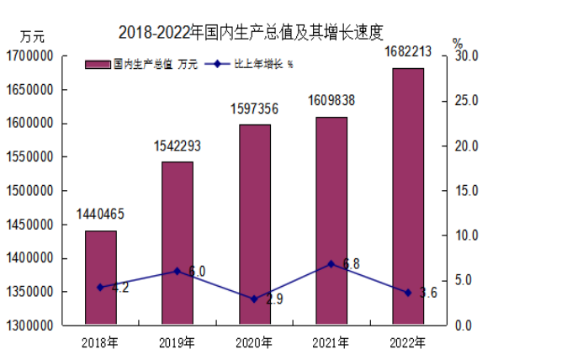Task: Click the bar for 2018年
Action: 100,278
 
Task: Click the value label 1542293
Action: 177,146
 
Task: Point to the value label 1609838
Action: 331,101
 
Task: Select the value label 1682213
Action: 408,52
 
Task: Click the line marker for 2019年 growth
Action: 177,271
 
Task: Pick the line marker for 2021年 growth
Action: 331,264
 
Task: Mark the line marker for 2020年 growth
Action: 254,299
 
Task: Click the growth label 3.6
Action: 428,294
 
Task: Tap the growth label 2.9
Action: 273,299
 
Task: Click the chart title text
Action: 251,33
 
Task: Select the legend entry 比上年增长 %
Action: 252,64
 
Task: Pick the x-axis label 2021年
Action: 331,342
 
